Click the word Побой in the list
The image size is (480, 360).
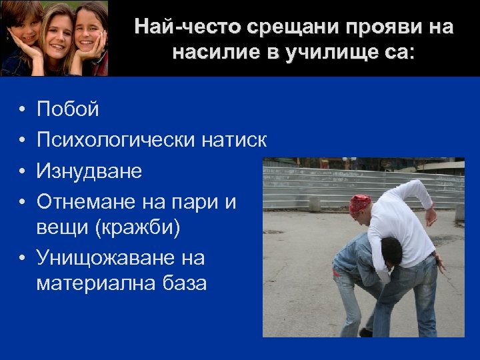(68, 109)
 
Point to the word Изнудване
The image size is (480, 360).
(89, 171)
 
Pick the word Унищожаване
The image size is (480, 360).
(121, 257)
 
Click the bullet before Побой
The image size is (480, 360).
(22, 109)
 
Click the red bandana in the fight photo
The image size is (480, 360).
(361, 203)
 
